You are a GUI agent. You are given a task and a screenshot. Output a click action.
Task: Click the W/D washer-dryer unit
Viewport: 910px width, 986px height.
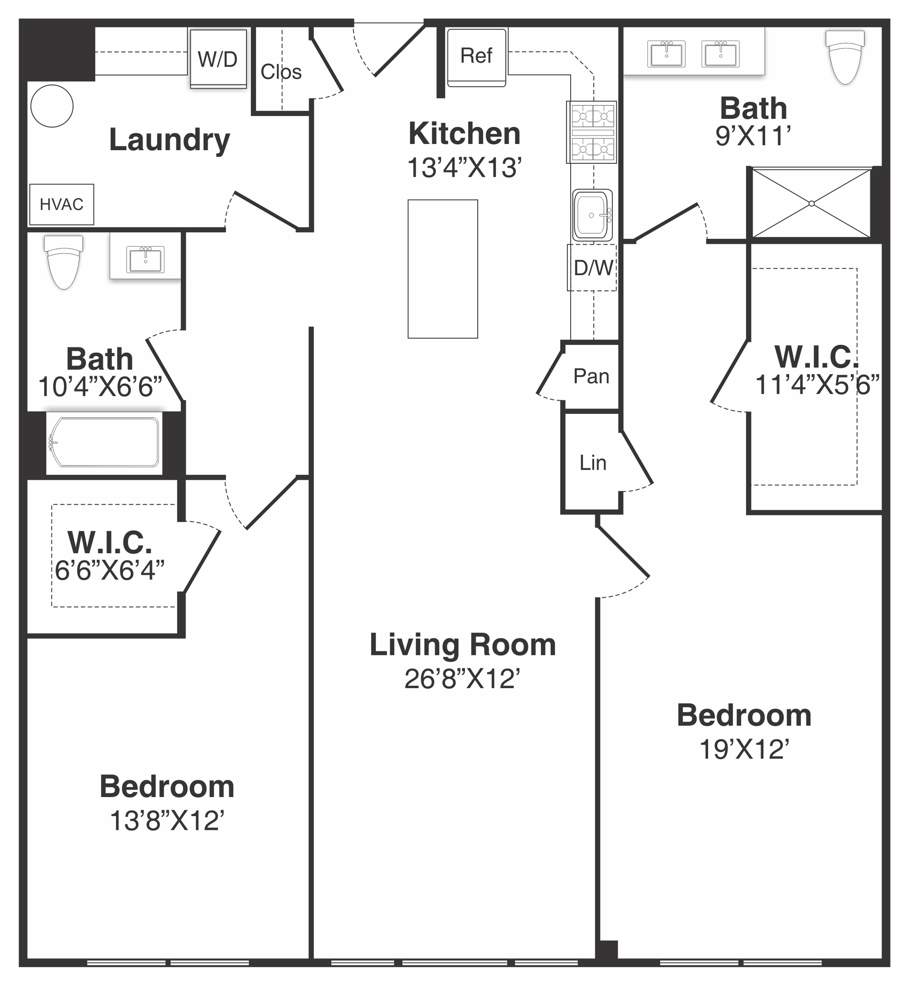[x=218, y=59]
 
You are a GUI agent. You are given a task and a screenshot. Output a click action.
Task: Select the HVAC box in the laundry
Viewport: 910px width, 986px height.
[x=62, y=204]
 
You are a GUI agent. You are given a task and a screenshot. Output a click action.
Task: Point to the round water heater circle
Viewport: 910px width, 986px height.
[x=52, y=106]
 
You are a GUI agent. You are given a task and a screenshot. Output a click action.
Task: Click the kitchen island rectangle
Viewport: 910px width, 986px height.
[x=443, y=269]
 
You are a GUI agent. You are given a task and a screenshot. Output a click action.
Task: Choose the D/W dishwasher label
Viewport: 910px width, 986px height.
[x=593, y=268]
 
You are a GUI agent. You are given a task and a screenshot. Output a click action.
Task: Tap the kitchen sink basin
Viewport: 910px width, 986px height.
[x=592, y=215]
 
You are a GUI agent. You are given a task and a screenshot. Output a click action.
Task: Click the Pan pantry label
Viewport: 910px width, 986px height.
[x=591, y=376]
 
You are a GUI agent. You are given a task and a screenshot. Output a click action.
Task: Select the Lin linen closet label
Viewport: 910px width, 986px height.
[x=593, y=463]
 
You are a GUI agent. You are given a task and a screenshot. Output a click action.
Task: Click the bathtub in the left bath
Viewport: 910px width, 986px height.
[x=104, y=442]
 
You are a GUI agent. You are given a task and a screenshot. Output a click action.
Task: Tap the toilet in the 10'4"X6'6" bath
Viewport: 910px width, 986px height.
[x=64, y=262]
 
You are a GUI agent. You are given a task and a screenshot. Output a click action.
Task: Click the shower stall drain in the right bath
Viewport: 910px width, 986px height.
[x=811, y=203]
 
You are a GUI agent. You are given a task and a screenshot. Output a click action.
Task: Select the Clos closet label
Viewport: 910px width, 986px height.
[x=281, y=72]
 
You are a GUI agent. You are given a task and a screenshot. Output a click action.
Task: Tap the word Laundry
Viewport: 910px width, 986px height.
[x=169, y=140]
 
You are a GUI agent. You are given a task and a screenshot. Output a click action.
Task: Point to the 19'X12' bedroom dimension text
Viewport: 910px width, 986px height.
[x=745, y=749]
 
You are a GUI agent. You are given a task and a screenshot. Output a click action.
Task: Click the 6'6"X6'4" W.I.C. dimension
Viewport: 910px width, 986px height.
[x=109, y=570]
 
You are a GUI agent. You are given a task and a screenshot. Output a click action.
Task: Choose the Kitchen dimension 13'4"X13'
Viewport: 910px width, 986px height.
[x=464, y=168]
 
